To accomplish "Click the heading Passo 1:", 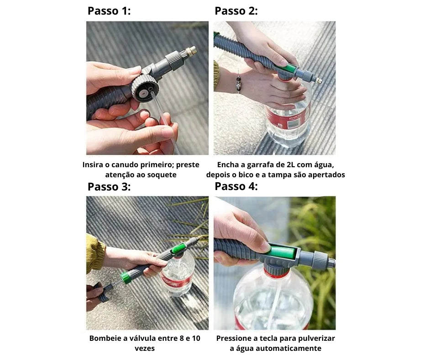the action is tap(109, 11).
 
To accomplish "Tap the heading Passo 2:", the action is tap(236, 11).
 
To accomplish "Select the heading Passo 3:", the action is tap(109, 186).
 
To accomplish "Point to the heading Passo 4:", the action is tap(236, 186).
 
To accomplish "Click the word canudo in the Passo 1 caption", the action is tap(125, 164).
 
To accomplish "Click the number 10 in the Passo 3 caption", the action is tap(196, 339).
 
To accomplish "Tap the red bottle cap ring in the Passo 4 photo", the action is tap(276, 273).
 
